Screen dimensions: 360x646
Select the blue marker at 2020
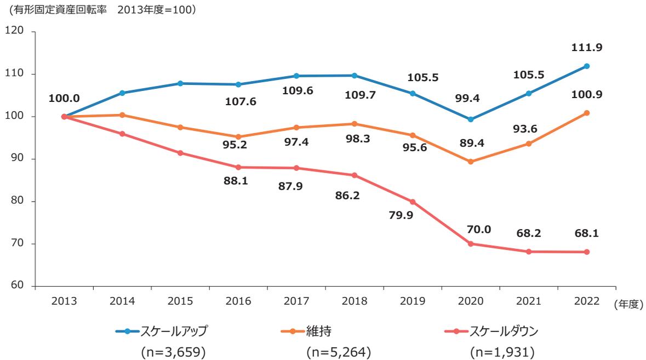point(470,119)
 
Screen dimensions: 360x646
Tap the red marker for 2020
point(470,244)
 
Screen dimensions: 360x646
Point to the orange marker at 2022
point(587,113)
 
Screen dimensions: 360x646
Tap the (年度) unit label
point(628,304)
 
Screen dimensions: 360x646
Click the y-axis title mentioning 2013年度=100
point(100,10)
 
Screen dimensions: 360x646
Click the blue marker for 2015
point(180,83)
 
